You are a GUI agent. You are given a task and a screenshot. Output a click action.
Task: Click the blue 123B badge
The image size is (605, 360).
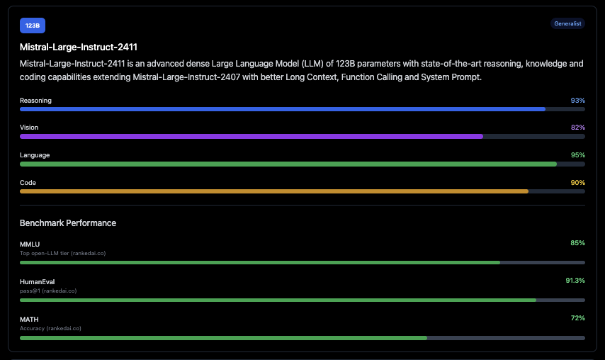click(32, 26)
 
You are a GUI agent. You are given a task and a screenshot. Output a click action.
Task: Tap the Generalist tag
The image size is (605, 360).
click(567, 23)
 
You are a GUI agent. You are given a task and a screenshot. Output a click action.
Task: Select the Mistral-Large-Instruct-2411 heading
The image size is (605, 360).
click(79, 47)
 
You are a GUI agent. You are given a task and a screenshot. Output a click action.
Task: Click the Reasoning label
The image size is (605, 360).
click(35, 101)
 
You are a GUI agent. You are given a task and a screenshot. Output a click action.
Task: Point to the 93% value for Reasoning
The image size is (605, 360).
click(577, 101)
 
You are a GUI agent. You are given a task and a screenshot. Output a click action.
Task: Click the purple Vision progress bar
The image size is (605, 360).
click(251, 136)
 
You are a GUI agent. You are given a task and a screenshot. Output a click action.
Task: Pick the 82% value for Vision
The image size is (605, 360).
click(577, 128)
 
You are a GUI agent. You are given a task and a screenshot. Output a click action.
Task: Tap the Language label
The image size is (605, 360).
click(35, 154)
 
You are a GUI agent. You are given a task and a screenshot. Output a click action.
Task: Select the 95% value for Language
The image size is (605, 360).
click(577, 154)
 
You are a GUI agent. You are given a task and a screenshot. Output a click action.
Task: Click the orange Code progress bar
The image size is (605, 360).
click(274, 191)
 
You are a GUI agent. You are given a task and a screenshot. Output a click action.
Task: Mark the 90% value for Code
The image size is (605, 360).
click(577, 182)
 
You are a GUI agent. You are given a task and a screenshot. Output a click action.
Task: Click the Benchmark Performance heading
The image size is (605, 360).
click(68, 223)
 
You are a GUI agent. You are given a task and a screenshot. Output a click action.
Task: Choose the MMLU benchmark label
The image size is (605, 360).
click(30, 244)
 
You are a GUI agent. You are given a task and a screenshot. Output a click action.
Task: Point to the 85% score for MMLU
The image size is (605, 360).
click(577, 243)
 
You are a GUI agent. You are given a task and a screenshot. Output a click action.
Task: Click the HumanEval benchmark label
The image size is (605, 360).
click(37, 281)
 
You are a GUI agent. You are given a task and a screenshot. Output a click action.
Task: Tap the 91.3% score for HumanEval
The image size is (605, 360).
click(575, 281)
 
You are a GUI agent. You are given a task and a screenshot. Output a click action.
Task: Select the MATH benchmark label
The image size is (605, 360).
click(29, 319)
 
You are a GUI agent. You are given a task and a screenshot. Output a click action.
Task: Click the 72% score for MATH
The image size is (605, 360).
click(577, 318)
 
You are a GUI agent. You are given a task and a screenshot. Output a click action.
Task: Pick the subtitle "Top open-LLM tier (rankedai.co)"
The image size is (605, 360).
click(62, 253)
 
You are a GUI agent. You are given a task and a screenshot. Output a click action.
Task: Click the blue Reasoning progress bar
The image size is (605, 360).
click(283, 109)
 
